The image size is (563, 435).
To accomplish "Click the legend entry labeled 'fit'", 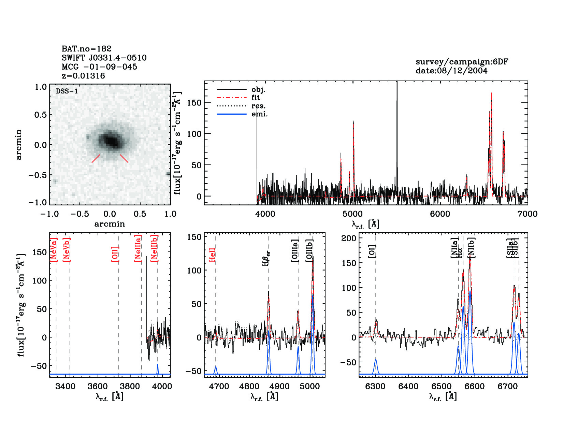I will [256, 98].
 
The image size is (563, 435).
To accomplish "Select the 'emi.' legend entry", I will [259, 114].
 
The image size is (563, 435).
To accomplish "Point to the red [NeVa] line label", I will [54, 250].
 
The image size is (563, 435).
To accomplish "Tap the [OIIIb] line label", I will [309, 250].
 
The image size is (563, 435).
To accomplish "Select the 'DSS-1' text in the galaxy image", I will [67, 91].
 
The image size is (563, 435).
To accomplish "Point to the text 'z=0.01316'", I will [83, 76].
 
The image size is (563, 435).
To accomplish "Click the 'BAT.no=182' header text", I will [86, 49].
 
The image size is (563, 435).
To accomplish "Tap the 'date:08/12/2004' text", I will [451, 71].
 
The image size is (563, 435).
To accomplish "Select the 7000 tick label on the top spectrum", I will [527, 214].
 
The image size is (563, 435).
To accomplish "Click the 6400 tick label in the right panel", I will [408, 387].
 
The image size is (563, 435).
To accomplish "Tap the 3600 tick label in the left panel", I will [98, 387].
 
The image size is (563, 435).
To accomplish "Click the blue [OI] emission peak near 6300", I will [376, 360].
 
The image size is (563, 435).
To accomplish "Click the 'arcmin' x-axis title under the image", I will [110, 224].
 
